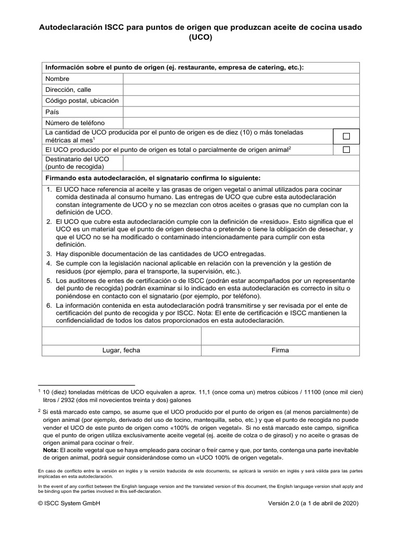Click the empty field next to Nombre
click(x=241, y=78)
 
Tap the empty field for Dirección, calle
click(x=241, y=90)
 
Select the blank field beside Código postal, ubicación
click(x=241, y=101)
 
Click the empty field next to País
click(x=241, y=112)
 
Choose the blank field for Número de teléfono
click(x=241, y=123)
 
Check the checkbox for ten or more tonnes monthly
click(x=346, y=136)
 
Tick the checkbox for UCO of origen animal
click(x=346, y=150)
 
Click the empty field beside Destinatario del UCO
click(x=241, y=163)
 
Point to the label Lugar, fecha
click(x=121, y=350)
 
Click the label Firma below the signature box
click(x=280, y=350)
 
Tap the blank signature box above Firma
click(x=280, y=336)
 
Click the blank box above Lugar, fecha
click(x=121, y=336)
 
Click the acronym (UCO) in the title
click(x=200, y=38)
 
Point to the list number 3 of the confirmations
click(x=48, y=254)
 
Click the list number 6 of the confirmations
click(x=48, y=305)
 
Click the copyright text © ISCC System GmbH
click(x=69, y=504)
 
